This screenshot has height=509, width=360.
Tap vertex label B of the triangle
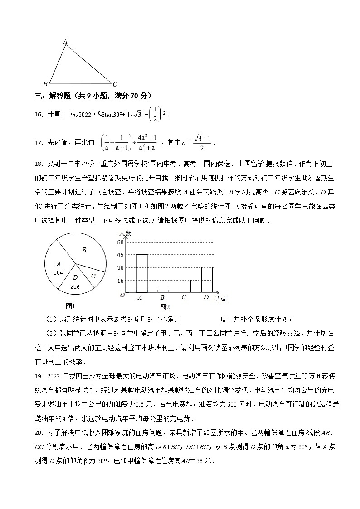point(45,84)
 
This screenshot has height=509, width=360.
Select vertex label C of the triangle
point(115,84)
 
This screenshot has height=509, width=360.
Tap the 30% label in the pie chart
point(58,273)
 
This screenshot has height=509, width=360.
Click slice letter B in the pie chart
point(84,249)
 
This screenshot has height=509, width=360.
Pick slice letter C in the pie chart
point(93,276)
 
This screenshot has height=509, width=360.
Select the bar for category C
point(185,286)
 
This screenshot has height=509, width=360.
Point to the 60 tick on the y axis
point(121,242)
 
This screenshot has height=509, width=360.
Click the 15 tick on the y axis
point(121,281)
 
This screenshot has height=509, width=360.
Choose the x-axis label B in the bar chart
point(162,297)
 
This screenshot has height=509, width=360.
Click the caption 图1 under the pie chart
point(70,306)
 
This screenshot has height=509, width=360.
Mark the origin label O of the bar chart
point(122,296)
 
